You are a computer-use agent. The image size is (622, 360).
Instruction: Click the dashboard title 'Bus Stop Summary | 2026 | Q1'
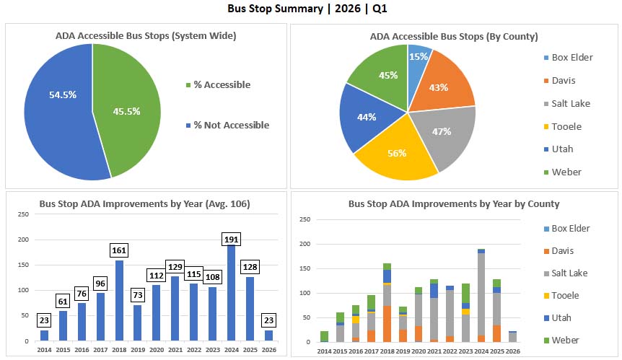click(310, 9)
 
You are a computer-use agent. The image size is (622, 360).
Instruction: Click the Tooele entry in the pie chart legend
click(566, 126)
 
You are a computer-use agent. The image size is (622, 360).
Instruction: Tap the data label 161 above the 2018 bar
click(120, 251)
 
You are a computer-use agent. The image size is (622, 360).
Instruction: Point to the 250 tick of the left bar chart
click(23, 214)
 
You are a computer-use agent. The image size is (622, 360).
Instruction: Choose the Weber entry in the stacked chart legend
click(566, 340)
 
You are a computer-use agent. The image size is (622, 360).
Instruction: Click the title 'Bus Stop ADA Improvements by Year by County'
click(454, 204)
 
